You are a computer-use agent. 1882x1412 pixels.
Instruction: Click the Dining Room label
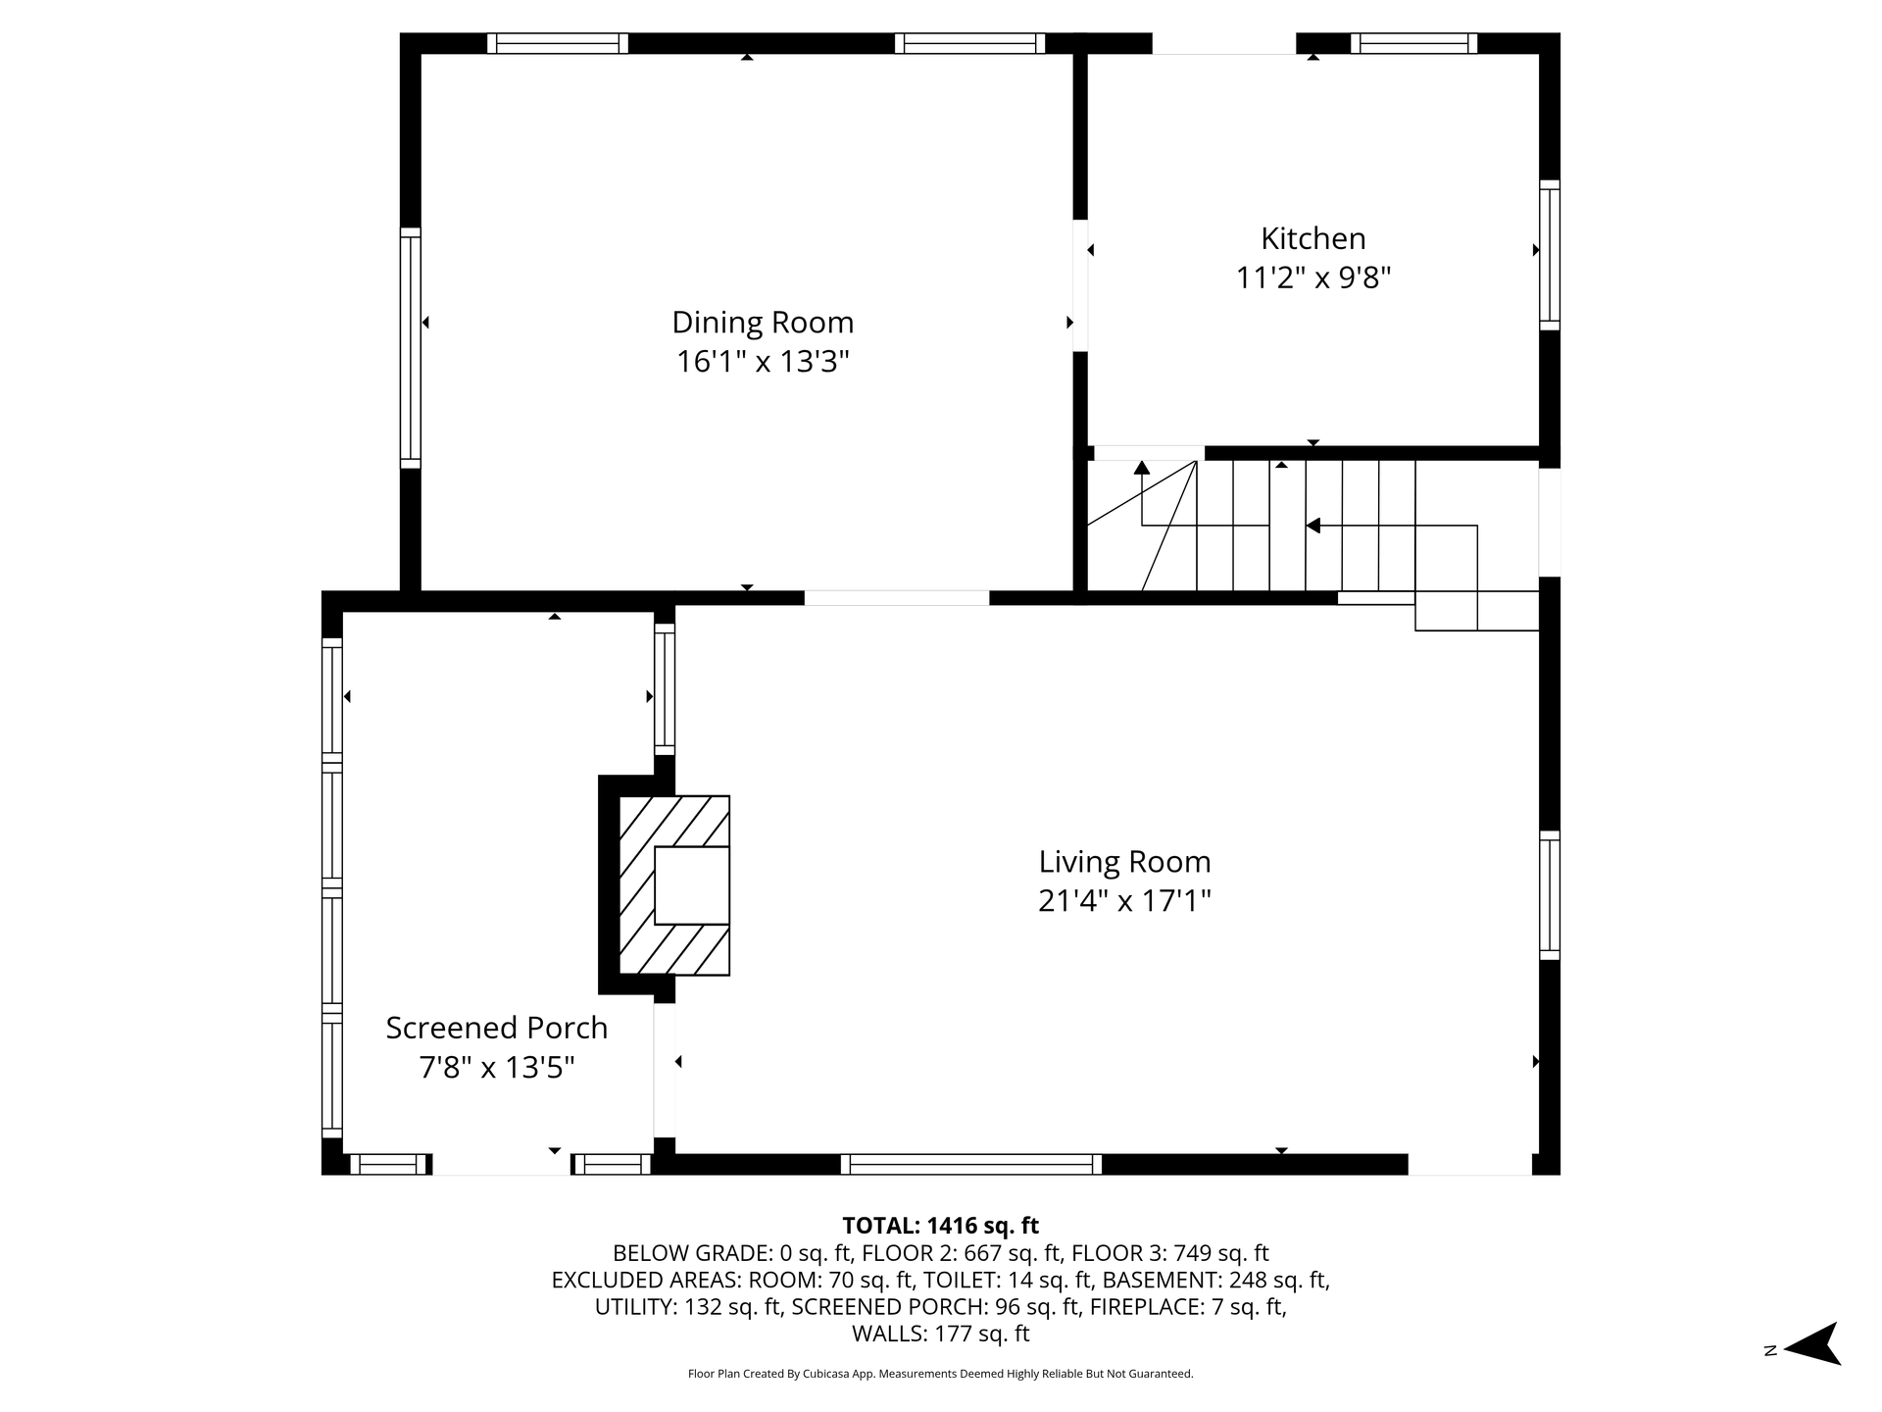[x=763, y=323]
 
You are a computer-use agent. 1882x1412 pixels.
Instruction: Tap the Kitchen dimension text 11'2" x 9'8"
[x=1313, y=278]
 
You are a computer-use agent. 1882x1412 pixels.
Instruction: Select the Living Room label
[x=1125, y=862]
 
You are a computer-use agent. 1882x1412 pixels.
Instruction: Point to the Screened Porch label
[x=497, y=1028]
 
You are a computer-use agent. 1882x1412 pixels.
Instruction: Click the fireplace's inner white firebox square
[x=692, y=884]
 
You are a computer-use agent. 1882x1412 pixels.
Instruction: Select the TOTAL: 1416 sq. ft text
[x=941, y=1226]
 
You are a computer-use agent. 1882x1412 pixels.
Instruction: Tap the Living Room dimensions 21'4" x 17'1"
[x=1125, y=901]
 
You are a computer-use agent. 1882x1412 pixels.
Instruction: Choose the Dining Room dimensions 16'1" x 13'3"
[x=763, y=362]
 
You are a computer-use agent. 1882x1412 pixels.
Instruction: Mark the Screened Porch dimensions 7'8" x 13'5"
[x=497, y=1067]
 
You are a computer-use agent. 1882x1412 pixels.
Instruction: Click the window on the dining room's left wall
[x=411, y=348]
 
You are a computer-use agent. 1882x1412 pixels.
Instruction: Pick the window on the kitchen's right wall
[x=1550, y=255]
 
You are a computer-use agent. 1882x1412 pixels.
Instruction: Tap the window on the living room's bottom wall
[x=971, y=1164]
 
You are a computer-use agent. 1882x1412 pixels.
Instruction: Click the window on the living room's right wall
[x=1550, y=895]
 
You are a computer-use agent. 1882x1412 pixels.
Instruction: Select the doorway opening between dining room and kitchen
[x=1080, y=285]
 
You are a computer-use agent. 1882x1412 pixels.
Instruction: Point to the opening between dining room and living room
[x=897, y=598]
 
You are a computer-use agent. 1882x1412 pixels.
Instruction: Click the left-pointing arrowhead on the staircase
[x=1313, y=527]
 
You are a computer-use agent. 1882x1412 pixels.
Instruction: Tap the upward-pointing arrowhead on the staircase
[x=1142, y=468]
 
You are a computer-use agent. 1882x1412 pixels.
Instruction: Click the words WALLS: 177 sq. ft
[x=941, y=1334]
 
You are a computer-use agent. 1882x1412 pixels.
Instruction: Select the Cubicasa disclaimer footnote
[x=941, y=1374]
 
